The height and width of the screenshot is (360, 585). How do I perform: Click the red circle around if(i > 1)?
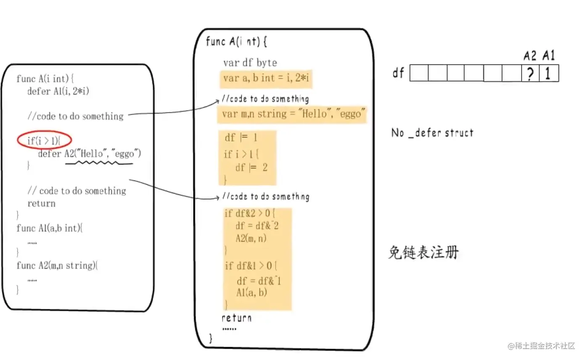tap(45, 140)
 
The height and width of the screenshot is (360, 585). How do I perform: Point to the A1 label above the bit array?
tap(549, 55)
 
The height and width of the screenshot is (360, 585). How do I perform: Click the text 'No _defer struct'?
tap(432, 133)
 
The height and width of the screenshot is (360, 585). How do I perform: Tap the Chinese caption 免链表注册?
tap(423, 253)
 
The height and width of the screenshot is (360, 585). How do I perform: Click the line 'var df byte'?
tap(250, 63)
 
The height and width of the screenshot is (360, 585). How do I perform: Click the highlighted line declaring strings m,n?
tap(292, 114)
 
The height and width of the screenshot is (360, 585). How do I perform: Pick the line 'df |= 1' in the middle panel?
tap(241, 138)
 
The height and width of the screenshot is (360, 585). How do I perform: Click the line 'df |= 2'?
tap(251, 167)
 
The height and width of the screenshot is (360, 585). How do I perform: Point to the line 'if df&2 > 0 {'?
tap(250, 213)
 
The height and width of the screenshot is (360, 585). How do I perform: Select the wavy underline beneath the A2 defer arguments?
tap(99, 163)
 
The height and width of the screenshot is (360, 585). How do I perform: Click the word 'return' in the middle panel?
tap(236, 318)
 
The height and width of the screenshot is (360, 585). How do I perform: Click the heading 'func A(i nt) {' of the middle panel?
tap(236, 42)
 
